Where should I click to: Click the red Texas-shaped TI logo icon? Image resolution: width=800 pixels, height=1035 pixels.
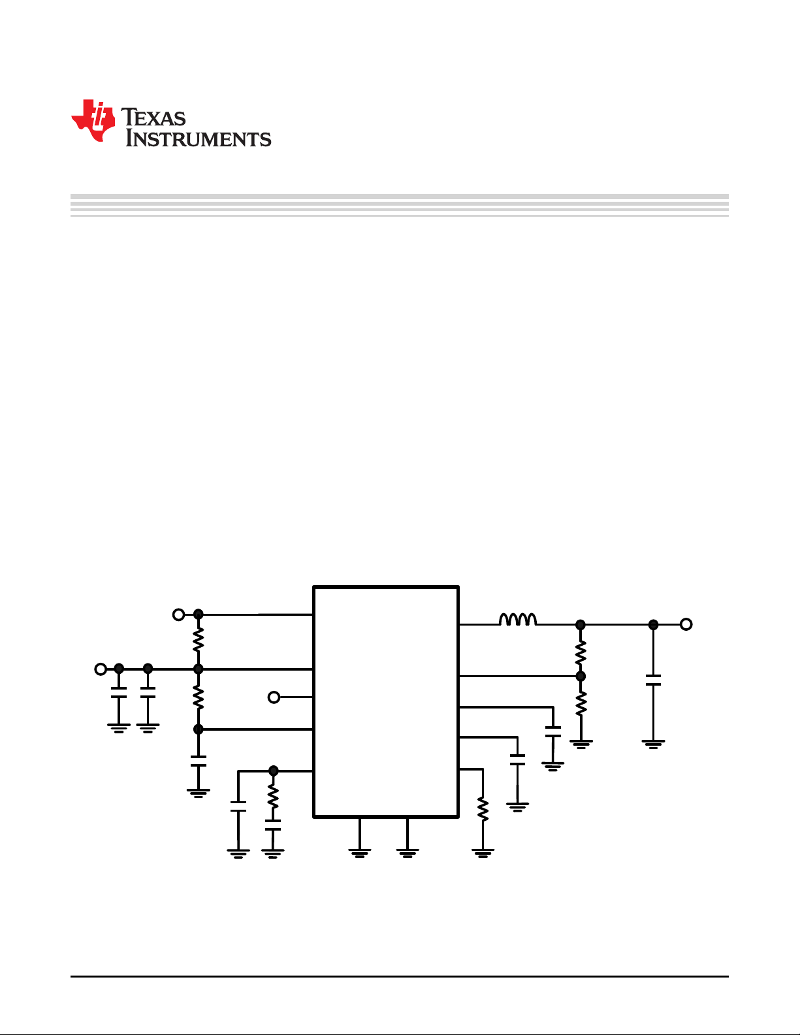pyautogui.click(x=93, y=121)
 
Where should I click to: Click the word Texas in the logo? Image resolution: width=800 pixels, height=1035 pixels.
pyautogui.click(x=153, y=117)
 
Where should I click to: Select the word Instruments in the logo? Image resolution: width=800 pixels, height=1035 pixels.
pyautogui.click(x=198, y=138)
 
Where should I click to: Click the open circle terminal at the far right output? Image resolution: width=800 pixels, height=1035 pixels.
pyautogui.click(x=686, y=624)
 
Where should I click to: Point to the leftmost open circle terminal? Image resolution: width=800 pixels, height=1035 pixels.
pyautogui.click(x=101, y=669)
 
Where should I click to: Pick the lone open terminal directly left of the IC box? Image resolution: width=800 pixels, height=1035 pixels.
pyautogui.click(x=274, y=697)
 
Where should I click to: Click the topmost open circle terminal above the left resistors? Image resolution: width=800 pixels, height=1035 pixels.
pyautogui.click(x=178, y=615)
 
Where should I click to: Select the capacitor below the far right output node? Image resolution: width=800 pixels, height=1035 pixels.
pyautogui.click(x=653, y=680)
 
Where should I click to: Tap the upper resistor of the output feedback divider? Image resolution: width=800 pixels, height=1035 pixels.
pyautogui.click(x=581, y=652)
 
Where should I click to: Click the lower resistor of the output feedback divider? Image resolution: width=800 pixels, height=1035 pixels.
pyautogui.click(x=581, y=703)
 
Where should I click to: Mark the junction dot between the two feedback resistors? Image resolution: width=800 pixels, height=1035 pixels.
pyautogui.click(x=581, y=676)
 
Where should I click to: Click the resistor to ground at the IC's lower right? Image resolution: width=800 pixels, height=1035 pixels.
pyautogui.click(x=483, y=809)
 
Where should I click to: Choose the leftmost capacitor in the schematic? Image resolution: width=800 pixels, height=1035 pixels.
pyautogui.click(x=119, y=693)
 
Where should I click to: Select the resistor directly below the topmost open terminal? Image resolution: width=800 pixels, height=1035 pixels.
pyautogui.click(x=198, y=639)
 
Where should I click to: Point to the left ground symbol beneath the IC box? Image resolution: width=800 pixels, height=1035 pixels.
pyautogui.click(x=360, y=853)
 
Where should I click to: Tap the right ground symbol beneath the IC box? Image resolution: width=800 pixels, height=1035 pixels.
pyautogui.click(x=407, y=853)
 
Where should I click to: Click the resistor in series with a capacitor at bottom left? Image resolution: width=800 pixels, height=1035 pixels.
pyautogui.click(x=273, y=796)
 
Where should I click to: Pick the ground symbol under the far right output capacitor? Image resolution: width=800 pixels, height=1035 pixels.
pyautogui.click(x=653, y=744)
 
